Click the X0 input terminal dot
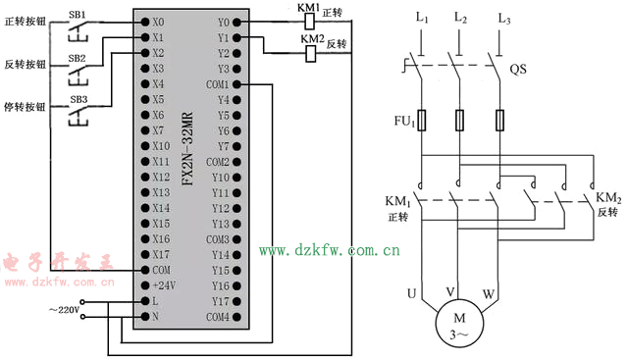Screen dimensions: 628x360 [x=145, y=22]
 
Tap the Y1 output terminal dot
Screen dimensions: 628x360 [x=236, y=37]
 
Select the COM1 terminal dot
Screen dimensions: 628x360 [x=236, y=84]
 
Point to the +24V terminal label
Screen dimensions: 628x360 [x=164, y=285]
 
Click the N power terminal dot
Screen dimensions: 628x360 [x=145, y=317]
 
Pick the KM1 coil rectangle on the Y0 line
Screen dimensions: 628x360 [x=310, y=22]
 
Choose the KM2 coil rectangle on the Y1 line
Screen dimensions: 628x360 [x=311, y=54]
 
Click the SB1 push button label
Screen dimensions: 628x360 [x=77, y=15]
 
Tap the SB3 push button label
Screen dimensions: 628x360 [x=78, y=99]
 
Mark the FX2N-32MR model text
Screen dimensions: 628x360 [x=187, y=148]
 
